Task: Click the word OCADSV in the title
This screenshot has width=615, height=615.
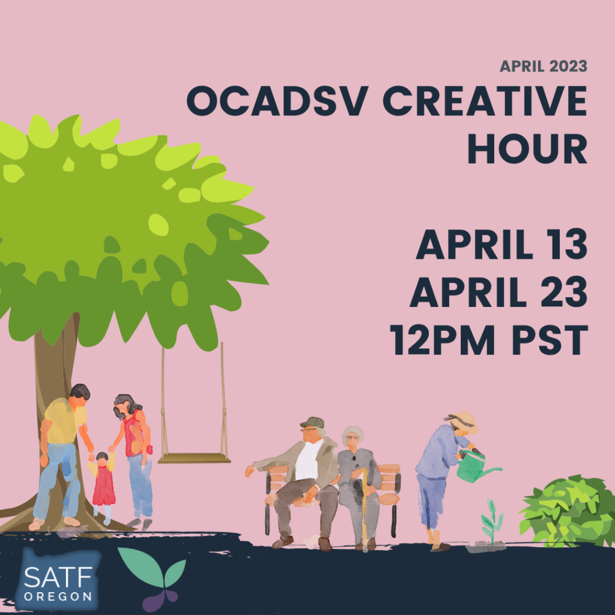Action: (x=277, y=100)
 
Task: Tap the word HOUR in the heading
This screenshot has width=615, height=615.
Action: (x=527, y=149)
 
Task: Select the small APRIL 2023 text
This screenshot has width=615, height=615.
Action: (x=543, y=66)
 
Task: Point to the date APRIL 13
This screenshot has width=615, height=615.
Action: (x=501, y=244)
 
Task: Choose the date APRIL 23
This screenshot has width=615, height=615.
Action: (x=498, y=292)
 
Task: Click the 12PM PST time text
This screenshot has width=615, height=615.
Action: (x=489, y=340)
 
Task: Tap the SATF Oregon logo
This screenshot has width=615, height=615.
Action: (x=58, y=580)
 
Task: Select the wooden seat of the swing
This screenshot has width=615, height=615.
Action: (x=194, y=458)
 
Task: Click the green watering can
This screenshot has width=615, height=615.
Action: (x=474, y=465)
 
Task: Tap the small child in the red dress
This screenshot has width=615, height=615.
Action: (x=103, y=487)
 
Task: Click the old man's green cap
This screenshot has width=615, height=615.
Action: (x=312, y=422)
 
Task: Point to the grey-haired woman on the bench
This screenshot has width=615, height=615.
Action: (x=358, y=486)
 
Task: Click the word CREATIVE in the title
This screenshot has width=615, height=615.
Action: (x=485, y=100)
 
